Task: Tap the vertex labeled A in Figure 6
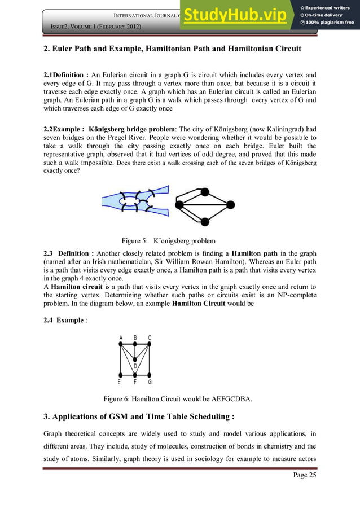(121, 346)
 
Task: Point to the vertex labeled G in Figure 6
(150, 375)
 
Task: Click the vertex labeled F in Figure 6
(135, 375)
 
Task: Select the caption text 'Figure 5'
(134, 240)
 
